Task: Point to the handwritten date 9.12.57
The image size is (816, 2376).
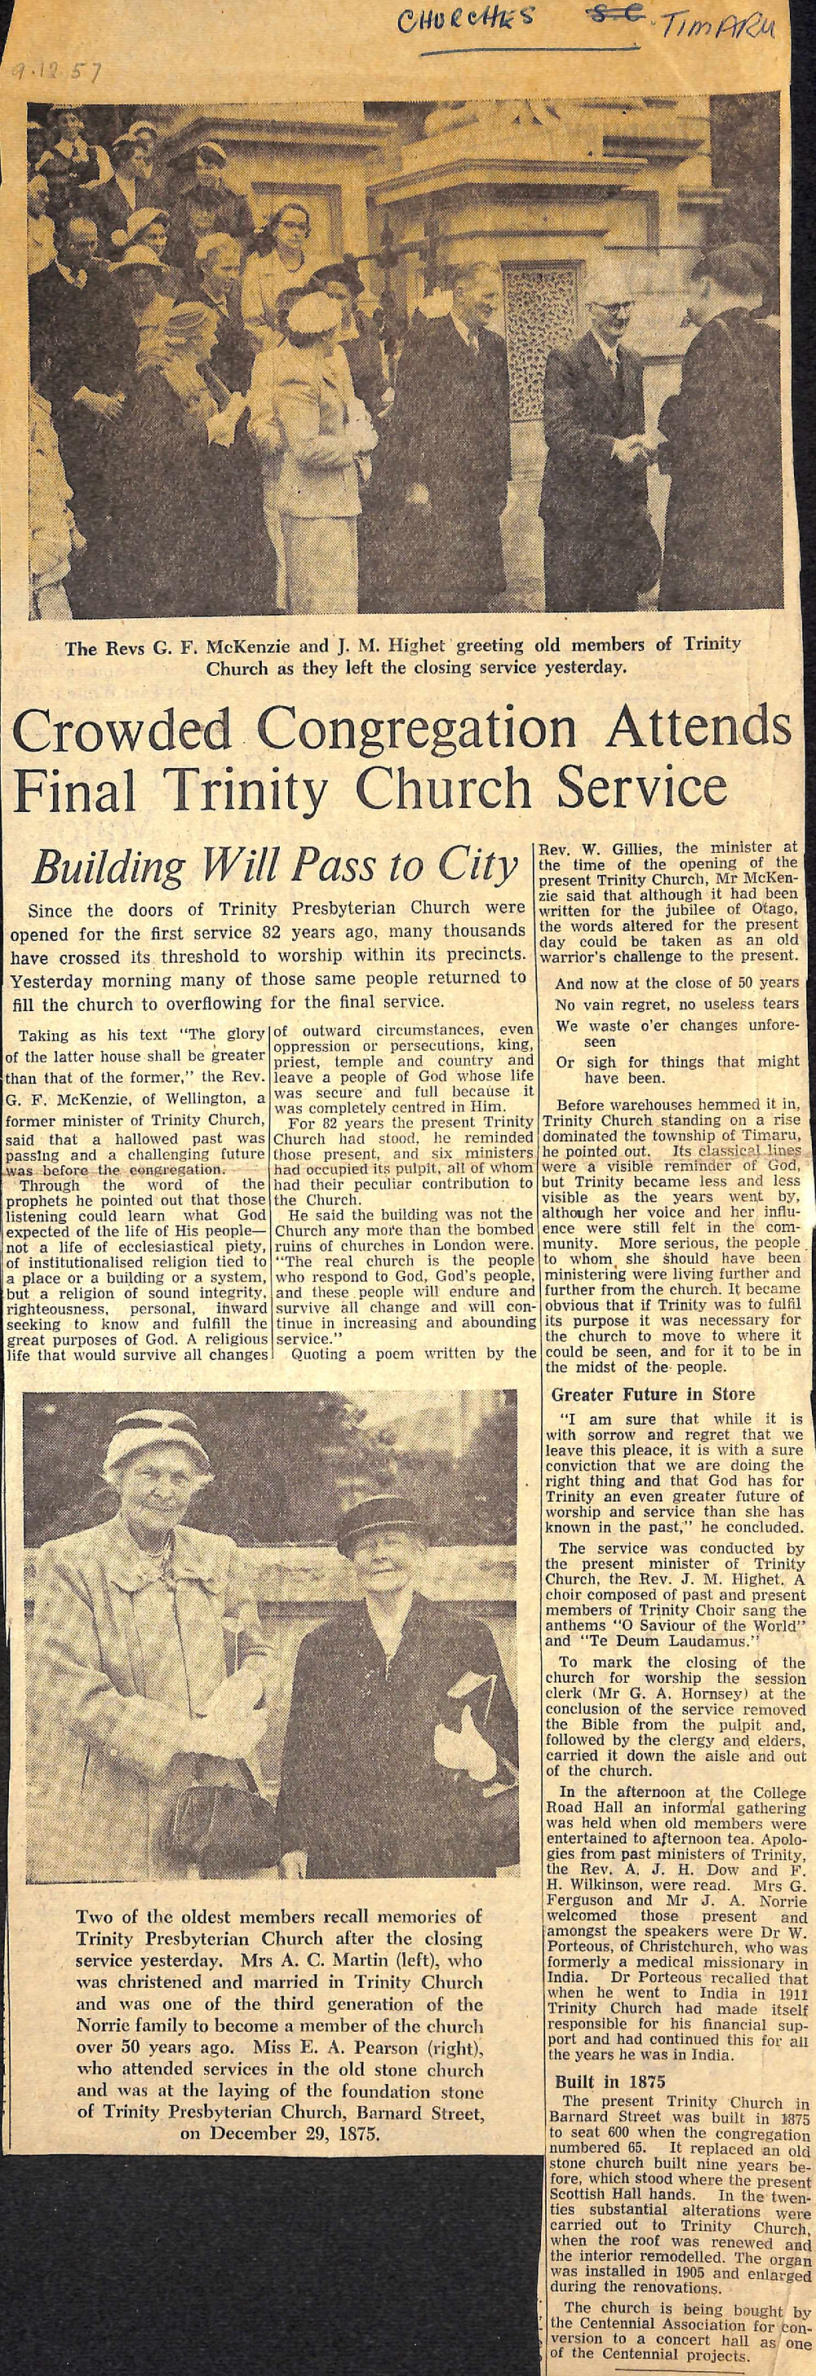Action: coord(56,73)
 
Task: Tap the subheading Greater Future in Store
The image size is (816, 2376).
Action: coord(653,1393)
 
